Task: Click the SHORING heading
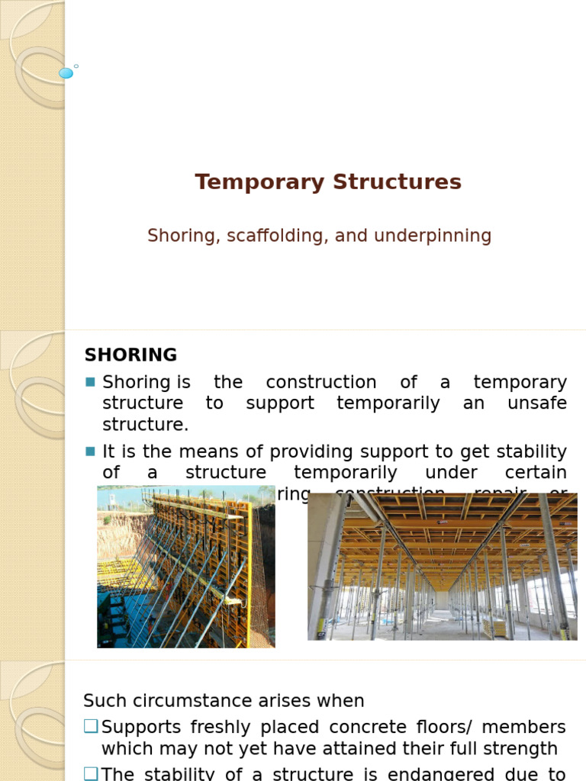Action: [x=130, y=355]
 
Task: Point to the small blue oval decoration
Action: [x=66, y=73]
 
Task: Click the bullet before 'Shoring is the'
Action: [x=91, y=382]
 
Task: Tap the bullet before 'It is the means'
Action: [x=91, y=452]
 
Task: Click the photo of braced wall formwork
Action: [x=185, y=566]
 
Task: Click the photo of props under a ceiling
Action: [x=442, y=566]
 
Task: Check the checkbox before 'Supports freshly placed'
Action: [x=91, y=727]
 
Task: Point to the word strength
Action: [x=520, y=749]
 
